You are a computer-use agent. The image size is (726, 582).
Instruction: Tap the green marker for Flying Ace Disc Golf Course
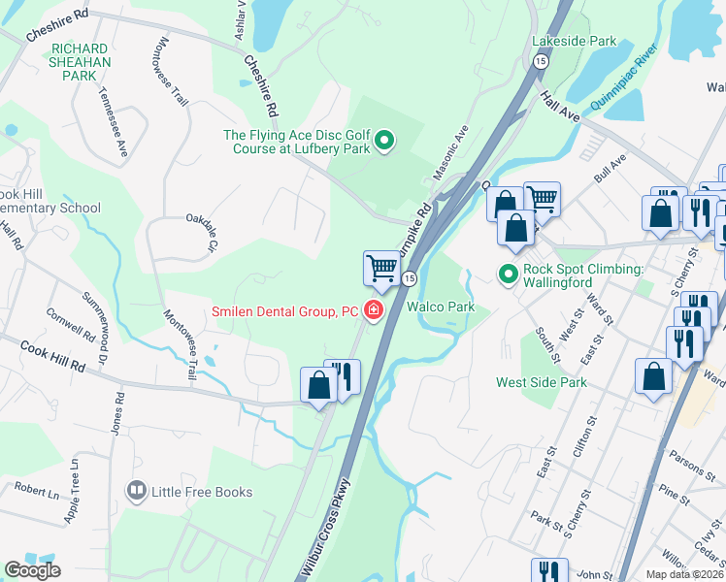tap(384, 143)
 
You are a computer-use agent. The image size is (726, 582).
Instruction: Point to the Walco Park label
tap(440, 307)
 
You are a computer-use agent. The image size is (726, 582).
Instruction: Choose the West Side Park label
tap(542, 382)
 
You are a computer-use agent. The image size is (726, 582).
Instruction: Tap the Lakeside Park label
tap(574, 42)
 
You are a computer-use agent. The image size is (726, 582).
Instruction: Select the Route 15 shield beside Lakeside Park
tap(540, 61)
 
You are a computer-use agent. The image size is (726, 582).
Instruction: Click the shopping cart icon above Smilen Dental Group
tap(382, 268)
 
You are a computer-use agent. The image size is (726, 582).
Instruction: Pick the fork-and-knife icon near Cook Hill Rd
tap(342, 376)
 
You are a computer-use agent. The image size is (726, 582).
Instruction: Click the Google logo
tap(33, 570)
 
